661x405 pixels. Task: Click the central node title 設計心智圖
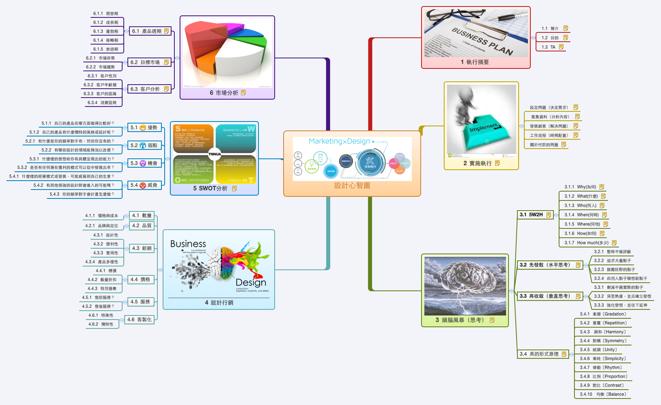352,185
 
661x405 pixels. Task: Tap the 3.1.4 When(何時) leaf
582,215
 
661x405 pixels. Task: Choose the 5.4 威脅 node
144,185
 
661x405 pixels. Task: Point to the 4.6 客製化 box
139,320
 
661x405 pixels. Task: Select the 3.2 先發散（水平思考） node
549,265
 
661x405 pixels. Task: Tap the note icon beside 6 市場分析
244,93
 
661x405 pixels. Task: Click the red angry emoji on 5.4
143,185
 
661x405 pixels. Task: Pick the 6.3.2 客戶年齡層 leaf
100,85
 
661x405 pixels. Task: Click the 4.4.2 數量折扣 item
102,280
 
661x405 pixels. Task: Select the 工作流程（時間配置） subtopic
549,136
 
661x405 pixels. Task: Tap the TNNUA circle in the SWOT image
215,154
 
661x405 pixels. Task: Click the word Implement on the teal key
484,127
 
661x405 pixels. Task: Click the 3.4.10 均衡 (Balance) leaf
603,394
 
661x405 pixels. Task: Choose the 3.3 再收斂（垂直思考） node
549,296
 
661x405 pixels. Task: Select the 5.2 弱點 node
144,145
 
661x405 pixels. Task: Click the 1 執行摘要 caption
475,62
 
